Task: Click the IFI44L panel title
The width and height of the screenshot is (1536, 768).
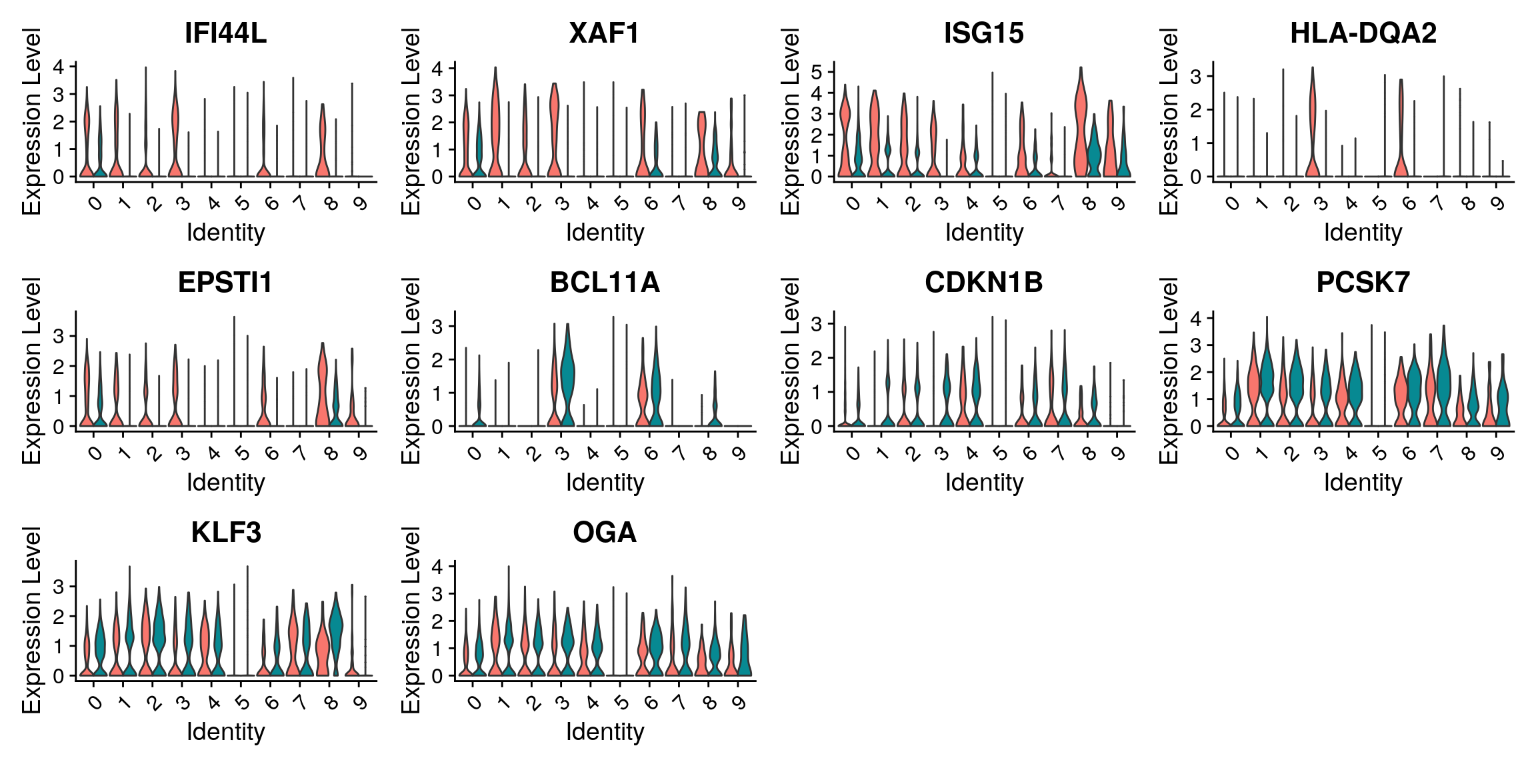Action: [x=225, y=33]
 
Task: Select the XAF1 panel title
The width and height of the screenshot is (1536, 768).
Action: [x=604, y=33]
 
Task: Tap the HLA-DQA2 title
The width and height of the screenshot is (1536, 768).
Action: [x=1363, y=33]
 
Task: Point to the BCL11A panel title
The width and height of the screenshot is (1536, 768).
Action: [x=604, y=283]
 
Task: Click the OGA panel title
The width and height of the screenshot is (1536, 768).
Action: [x=604, y=533]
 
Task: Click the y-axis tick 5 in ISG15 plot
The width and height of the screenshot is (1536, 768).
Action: [x=817, y=71]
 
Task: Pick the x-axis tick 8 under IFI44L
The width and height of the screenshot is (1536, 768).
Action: [x=331, y=203]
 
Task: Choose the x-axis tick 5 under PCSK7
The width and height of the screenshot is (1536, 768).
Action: [x=1379, y=453]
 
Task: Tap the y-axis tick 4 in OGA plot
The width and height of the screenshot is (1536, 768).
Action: [x=437, y=567]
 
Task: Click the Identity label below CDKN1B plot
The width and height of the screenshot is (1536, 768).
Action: [x=983, y=482]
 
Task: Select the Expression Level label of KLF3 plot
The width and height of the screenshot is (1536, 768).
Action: [x=32, y=620]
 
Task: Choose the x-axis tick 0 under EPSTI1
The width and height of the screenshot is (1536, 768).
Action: [x=95, y=453]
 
